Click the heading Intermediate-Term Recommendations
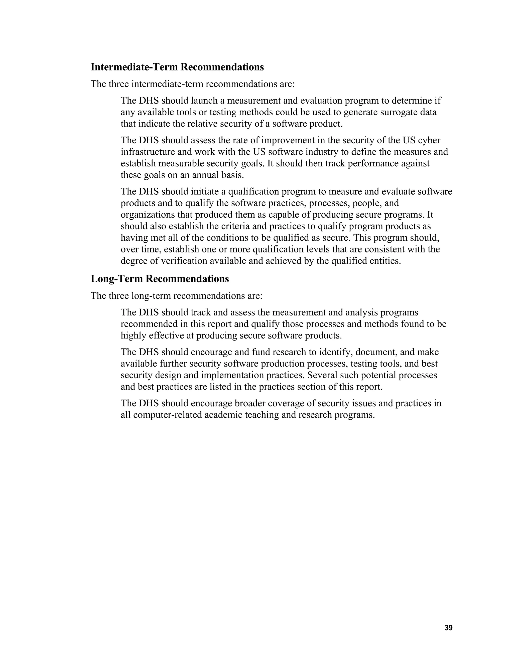pos(177,67)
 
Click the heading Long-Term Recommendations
pos(160,279)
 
